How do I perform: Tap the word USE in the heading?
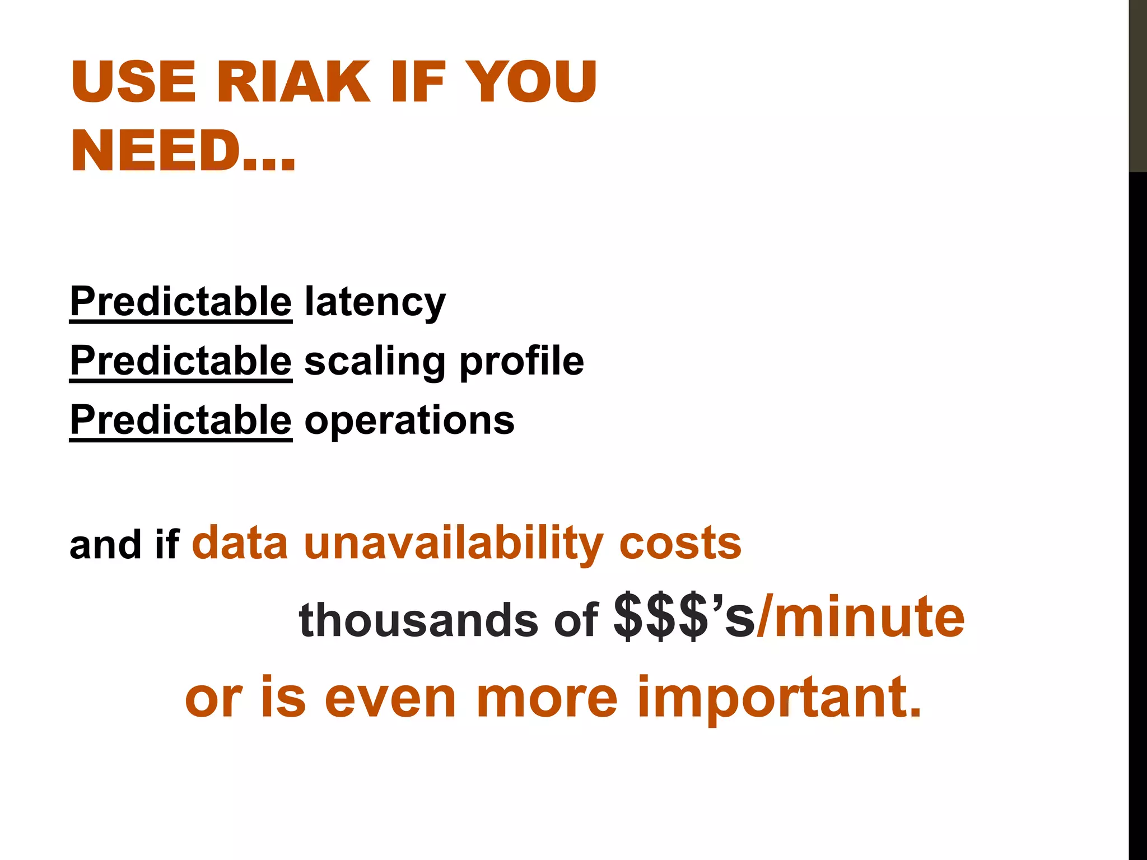[x=133, y=82]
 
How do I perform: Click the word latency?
[x=375, y=302]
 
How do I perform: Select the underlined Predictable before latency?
[x=180, y=302]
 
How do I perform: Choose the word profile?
[x=521, y=361]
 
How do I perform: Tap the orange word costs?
[x=680, y=543]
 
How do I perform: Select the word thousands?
[x=418, y=620]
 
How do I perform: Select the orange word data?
[x=240, y=543]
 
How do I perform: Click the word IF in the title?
[x=417, y=82]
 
